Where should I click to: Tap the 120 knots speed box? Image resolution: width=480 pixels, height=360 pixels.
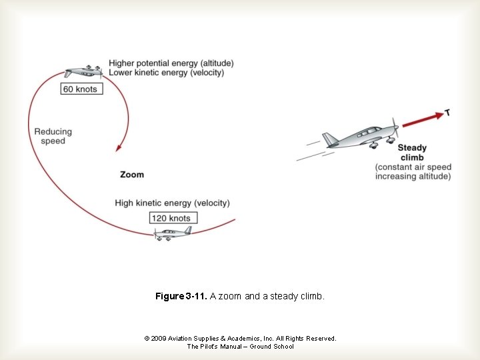pos(171,218)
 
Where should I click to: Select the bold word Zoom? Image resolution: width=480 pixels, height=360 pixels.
pos(131,175)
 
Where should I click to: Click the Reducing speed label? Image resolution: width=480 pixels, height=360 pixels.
pos(53,136)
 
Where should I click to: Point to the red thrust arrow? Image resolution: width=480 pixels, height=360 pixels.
pos(423,119)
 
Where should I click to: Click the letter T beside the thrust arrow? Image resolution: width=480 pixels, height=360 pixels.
pos(447,113)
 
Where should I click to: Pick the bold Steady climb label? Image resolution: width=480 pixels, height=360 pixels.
pos(412,153)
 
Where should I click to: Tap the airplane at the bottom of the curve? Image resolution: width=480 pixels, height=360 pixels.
pos(172,233)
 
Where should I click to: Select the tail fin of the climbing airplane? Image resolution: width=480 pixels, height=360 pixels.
pos(330,140)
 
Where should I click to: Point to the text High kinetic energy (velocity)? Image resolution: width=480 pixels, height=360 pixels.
pos(172,203)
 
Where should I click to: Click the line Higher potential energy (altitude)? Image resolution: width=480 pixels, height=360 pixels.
pos(171,63)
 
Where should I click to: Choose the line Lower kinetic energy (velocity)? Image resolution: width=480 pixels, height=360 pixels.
pos(166,72)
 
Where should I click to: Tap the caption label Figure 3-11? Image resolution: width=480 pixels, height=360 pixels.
pos(181,296)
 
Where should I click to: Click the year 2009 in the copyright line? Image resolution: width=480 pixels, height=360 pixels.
pos(158,339)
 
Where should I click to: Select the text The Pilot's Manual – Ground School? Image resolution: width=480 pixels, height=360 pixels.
pos(240,347)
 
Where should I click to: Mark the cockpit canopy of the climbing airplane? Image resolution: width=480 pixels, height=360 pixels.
pos(367,132)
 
